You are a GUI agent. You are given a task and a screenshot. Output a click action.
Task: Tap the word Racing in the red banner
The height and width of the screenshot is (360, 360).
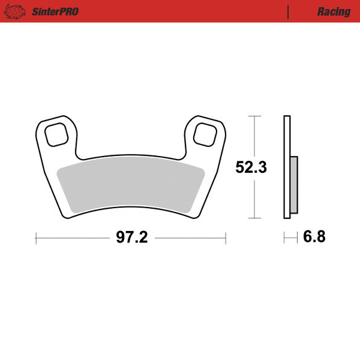coord(334,11)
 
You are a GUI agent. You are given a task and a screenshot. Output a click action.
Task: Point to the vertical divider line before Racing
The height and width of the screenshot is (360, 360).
coord(289,11)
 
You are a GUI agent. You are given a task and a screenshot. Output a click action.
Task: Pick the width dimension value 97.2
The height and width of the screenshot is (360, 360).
coord(131,238)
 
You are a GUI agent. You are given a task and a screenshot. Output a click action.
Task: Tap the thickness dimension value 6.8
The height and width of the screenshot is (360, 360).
coord(314,238)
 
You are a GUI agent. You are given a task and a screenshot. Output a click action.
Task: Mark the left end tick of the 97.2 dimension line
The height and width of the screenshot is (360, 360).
coord(37,238)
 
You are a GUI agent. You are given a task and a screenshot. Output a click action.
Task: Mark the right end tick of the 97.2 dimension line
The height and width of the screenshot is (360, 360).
coord(226,238)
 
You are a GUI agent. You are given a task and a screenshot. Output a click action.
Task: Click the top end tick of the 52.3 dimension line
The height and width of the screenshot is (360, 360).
coord(256,115)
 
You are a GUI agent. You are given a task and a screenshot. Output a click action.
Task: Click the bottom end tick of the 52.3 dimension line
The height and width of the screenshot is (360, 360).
coord(256,218)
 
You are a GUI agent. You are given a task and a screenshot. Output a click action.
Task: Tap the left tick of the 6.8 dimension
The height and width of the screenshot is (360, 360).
coord(284,238)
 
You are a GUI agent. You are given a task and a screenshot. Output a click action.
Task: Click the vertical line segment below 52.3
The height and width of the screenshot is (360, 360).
coord(256,198)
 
